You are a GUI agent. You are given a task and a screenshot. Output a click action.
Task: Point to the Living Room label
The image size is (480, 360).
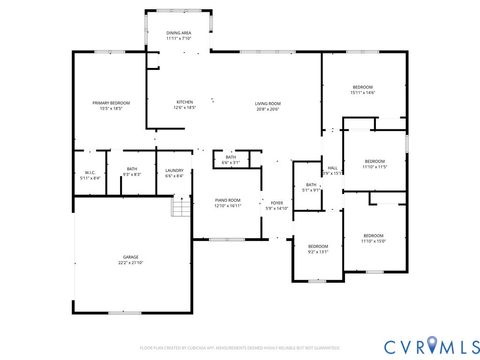point(267,105)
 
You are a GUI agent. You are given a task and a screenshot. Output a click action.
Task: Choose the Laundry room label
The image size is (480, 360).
point(172,172)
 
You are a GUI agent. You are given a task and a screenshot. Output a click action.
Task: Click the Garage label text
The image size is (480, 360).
point(130,260)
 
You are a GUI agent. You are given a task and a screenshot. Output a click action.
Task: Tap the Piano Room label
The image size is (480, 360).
point(228,202)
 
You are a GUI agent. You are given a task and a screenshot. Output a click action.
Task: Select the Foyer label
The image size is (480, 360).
point(276,206)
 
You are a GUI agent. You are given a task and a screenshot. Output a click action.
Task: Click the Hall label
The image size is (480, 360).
point(332,170)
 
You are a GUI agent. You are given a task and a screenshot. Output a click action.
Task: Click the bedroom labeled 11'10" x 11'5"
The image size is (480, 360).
point(374,163)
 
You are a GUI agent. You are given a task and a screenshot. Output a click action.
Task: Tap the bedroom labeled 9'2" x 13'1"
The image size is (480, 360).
point(318,248)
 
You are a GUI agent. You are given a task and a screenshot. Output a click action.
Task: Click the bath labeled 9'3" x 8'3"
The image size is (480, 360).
point(132,172)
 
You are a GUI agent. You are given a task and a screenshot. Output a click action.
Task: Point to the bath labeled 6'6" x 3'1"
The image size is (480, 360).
point(230,160)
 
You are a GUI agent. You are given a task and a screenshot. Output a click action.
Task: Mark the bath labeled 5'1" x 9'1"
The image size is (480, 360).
point(311,188)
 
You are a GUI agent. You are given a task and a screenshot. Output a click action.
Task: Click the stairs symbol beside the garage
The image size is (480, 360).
point(181,208)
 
